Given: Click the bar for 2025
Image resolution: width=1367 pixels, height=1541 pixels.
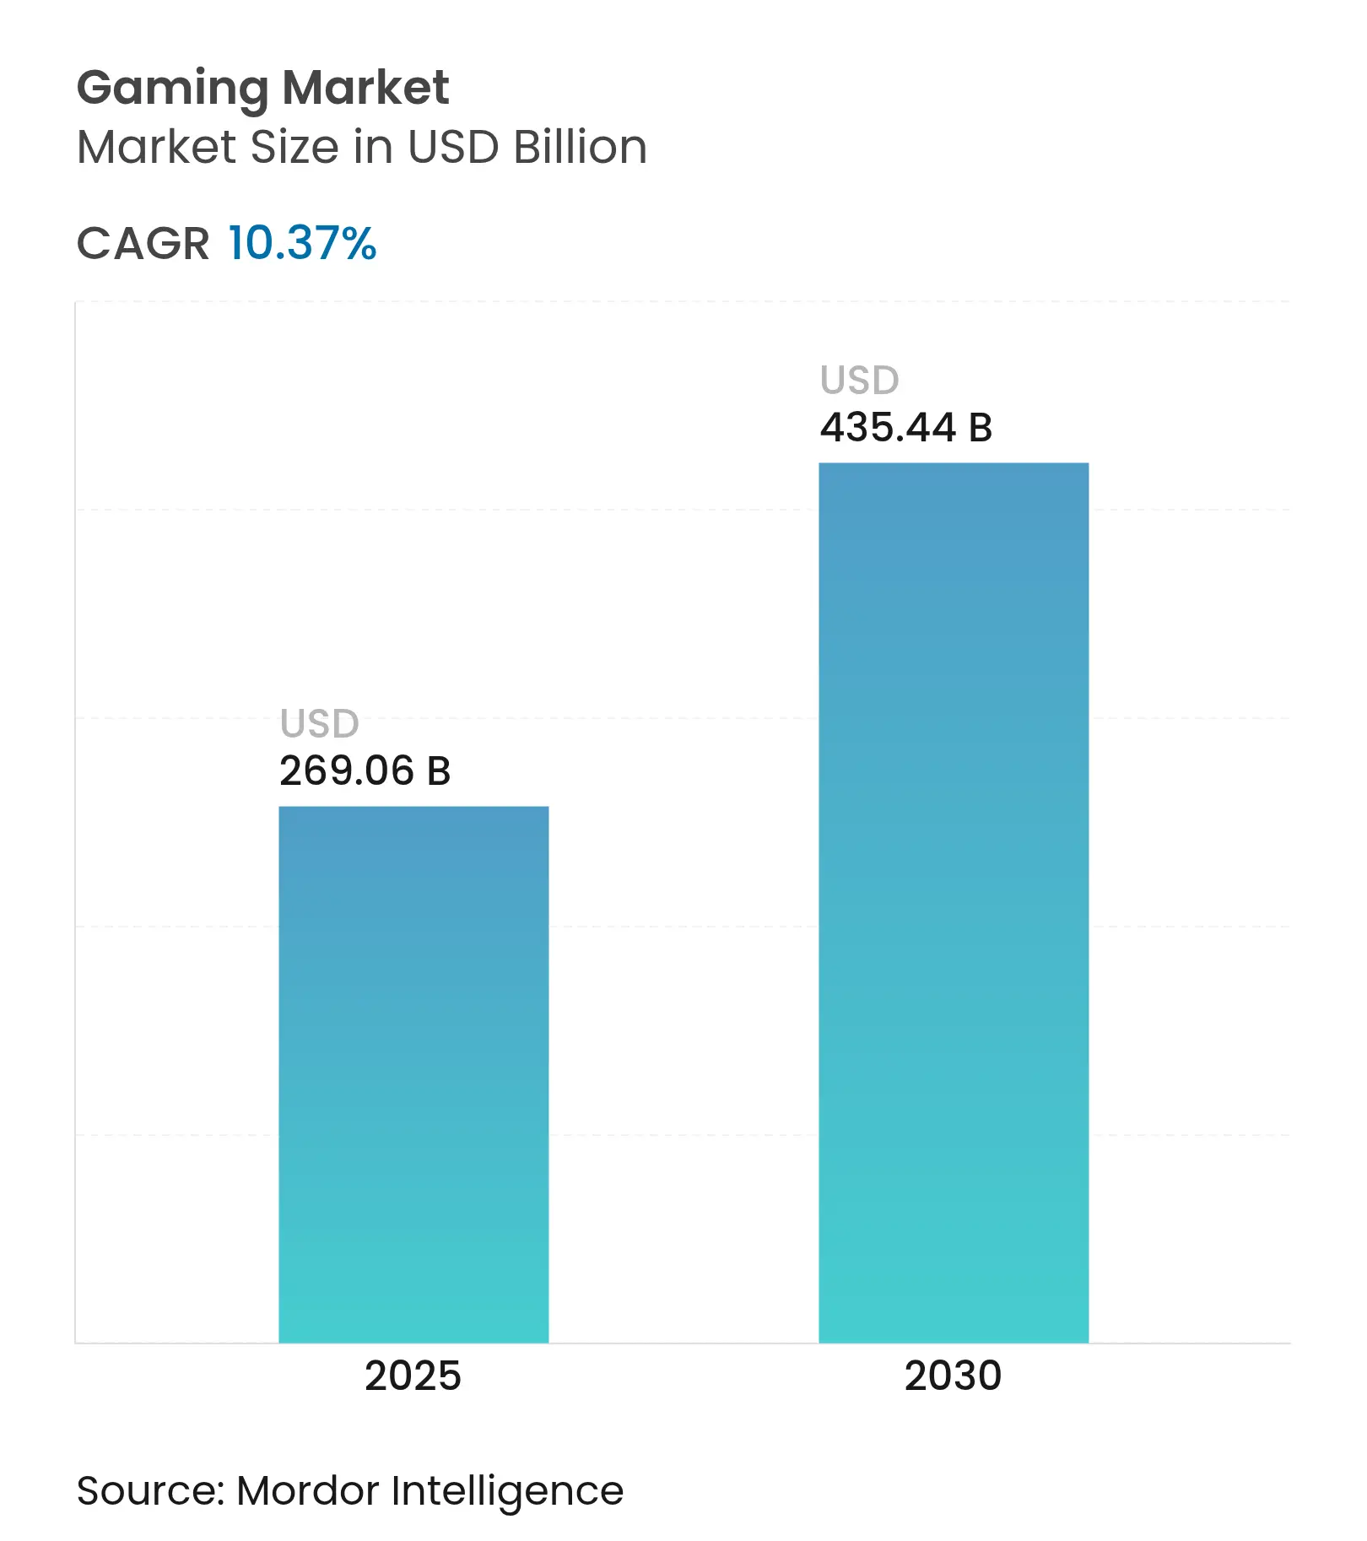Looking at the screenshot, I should (413, 1073).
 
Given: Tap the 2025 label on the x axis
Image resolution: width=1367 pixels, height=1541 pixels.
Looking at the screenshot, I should (413, 1376).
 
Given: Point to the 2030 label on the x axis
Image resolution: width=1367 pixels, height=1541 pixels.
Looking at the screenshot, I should (953, 1376).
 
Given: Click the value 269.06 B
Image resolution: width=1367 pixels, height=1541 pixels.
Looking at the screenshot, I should (365, 771).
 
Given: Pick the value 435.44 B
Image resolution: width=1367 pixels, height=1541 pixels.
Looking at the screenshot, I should (905, 428).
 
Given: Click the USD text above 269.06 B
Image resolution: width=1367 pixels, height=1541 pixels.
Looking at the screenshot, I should (319, 724).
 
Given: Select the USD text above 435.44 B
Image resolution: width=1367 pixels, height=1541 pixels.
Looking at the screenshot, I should (859, 381).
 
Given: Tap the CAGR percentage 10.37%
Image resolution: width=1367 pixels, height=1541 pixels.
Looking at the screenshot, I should (301, 244).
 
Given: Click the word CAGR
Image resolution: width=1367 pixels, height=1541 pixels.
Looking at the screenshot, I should (143, 245).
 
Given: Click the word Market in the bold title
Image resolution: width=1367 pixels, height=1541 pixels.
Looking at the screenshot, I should (365, 88).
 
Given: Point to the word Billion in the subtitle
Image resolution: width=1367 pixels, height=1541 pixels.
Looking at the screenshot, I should (580, 148).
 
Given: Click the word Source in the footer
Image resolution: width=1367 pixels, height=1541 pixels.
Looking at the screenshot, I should (149, 1491).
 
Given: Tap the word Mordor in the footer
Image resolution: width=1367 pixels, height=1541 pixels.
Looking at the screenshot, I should (308, 1491).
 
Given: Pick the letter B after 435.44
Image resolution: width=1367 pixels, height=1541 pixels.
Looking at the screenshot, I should (980, 428).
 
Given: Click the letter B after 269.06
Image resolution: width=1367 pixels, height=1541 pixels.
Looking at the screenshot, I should (439, 771).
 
